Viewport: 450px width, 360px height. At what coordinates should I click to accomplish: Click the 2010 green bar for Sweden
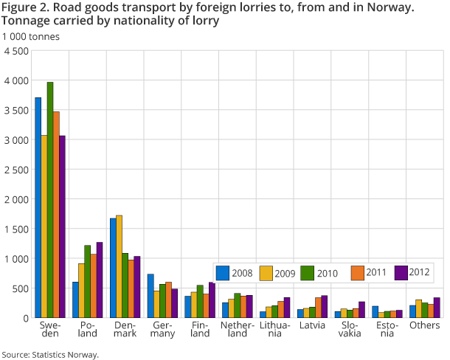coord(49,200)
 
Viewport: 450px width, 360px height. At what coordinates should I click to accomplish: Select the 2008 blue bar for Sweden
coord(38,207)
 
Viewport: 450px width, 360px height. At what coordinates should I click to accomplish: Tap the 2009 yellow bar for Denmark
coord(120,266)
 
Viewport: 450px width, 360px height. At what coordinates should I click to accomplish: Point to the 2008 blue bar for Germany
coord(150,296)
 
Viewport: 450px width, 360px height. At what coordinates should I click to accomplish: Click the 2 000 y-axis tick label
coord(16,199)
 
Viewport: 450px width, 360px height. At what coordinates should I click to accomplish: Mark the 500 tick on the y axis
coord(21,288)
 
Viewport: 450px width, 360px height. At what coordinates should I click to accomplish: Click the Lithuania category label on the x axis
coord(274,328)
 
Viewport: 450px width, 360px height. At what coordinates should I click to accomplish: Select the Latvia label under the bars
coord(311,324)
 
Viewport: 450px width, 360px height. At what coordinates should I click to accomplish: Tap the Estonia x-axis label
coord(387,328)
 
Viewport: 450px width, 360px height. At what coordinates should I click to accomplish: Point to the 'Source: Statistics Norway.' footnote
coord(50,355)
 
